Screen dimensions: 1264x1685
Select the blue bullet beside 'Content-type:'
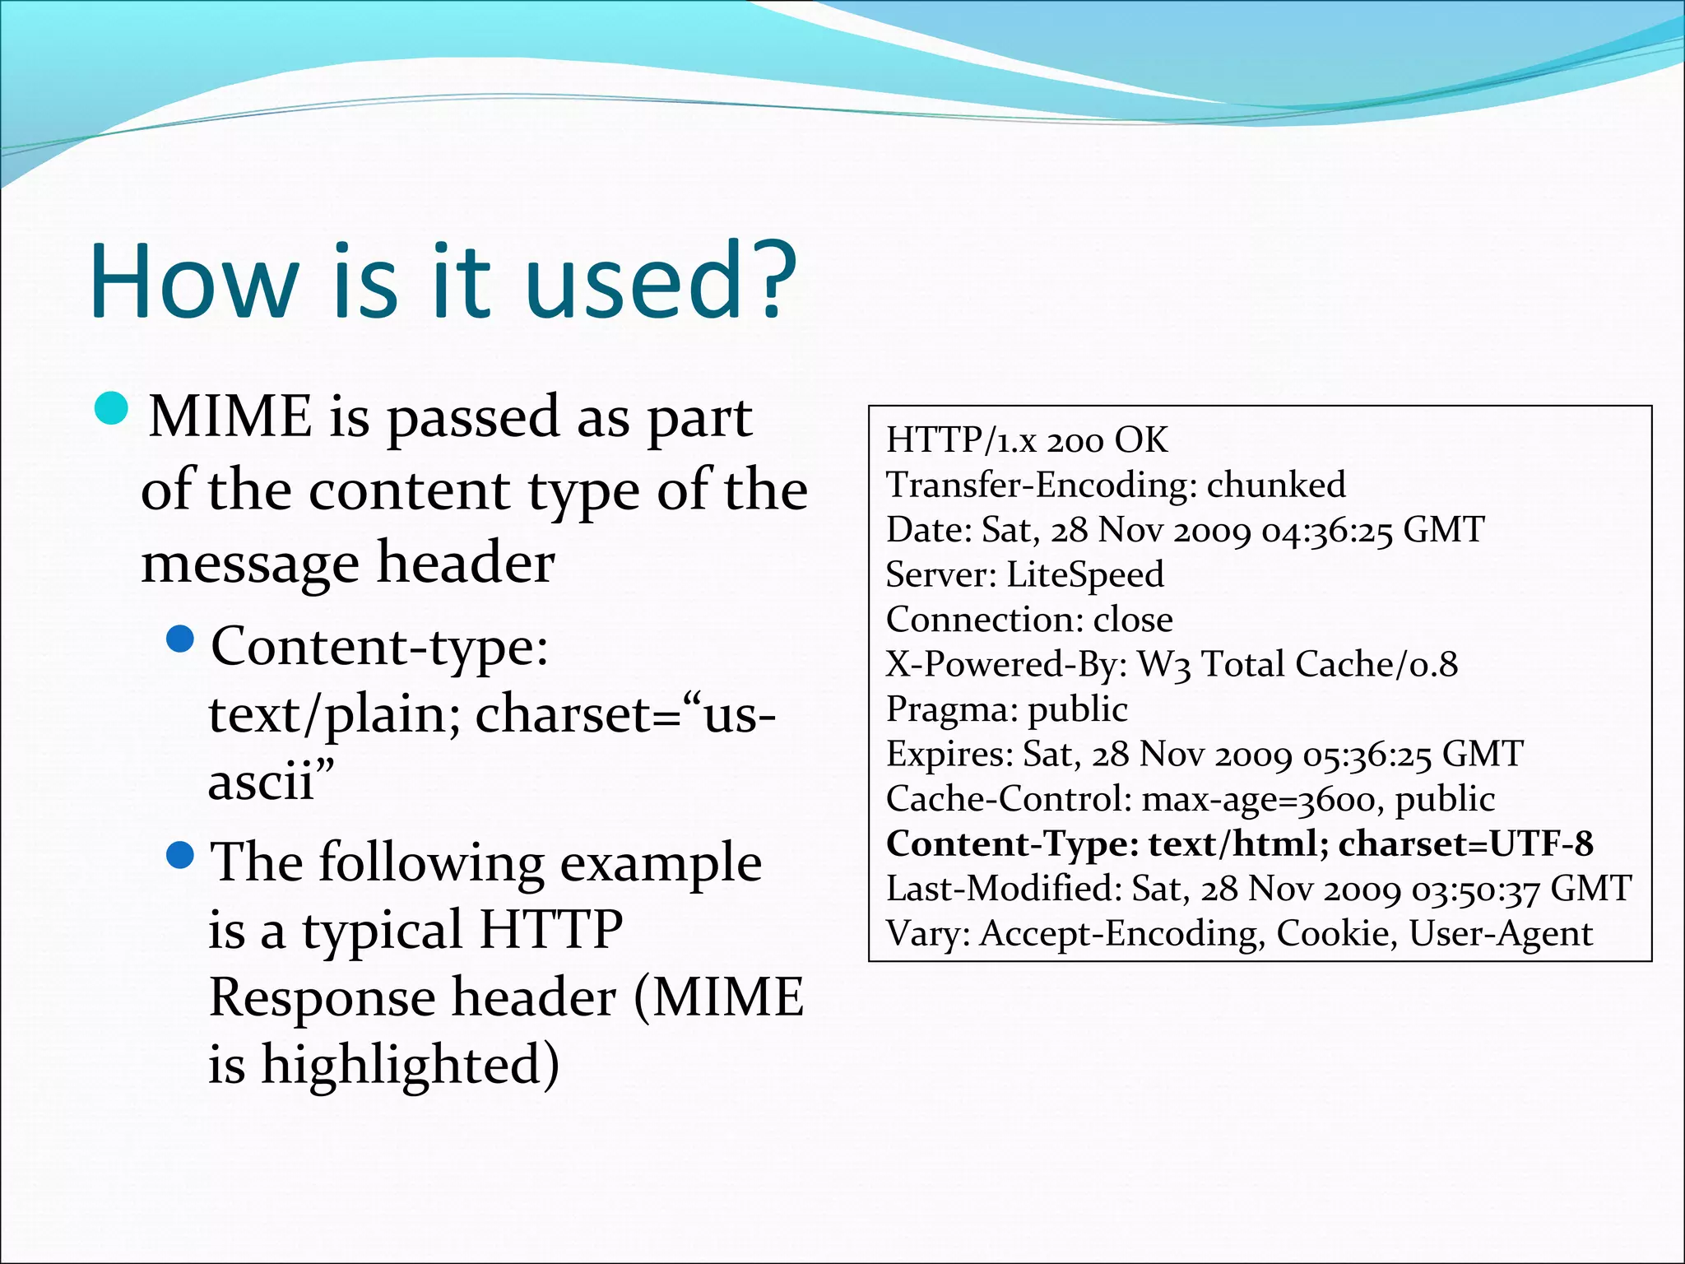click(x=179, y=638)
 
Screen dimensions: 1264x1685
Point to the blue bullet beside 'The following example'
click(x=179, y=856)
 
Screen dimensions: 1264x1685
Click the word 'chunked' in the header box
click(x=1276, y=485)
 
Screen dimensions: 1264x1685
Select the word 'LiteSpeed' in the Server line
click(x=1085, y=574)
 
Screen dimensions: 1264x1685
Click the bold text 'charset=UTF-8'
click(x=1465, y=844)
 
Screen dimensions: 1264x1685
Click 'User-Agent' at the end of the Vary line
click(x=1501, y=934)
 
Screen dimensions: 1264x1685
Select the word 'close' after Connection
click(x=1133, y=620)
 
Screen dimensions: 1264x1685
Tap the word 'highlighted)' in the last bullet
click(x=411, y=1066)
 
